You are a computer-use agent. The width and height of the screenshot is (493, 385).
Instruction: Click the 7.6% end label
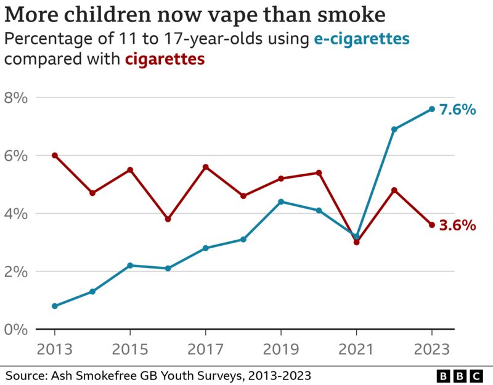click(x=457, y=110)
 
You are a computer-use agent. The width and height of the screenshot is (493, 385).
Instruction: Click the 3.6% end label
click(x=457, y=225)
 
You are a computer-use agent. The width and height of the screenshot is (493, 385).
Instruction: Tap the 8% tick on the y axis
click(x=17, y=98)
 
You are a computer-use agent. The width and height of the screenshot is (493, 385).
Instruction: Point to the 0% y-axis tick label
click(x=17, y=330)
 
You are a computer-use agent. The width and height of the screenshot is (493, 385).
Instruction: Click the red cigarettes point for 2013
click(x=55, y=155)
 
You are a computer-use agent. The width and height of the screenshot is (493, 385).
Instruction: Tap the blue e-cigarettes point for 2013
click(x=55, y=306)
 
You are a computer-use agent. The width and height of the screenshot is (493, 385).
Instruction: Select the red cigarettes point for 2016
click(x=168, y=219)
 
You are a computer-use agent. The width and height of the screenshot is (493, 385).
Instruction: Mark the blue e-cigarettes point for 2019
click(x=281, y=201)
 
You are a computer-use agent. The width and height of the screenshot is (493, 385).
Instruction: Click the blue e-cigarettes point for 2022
click(x=394, y=129)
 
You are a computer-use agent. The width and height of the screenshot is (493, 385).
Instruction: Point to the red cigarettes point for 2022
click(x=394, y=190)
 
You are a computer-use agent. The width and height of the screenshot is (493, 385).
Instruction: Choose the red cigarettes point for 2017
click(x=205, y=167)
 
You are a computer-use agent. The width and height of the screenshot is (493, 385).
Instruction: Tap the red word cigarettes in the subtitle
click(x=165, y=60)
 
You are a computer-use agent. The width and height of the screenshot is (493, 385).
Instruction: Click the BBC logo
click(x=460, y=375)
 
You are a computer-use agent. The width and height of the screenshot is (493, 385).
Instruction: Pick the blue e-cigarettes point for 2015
click(x=130, y=265)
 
